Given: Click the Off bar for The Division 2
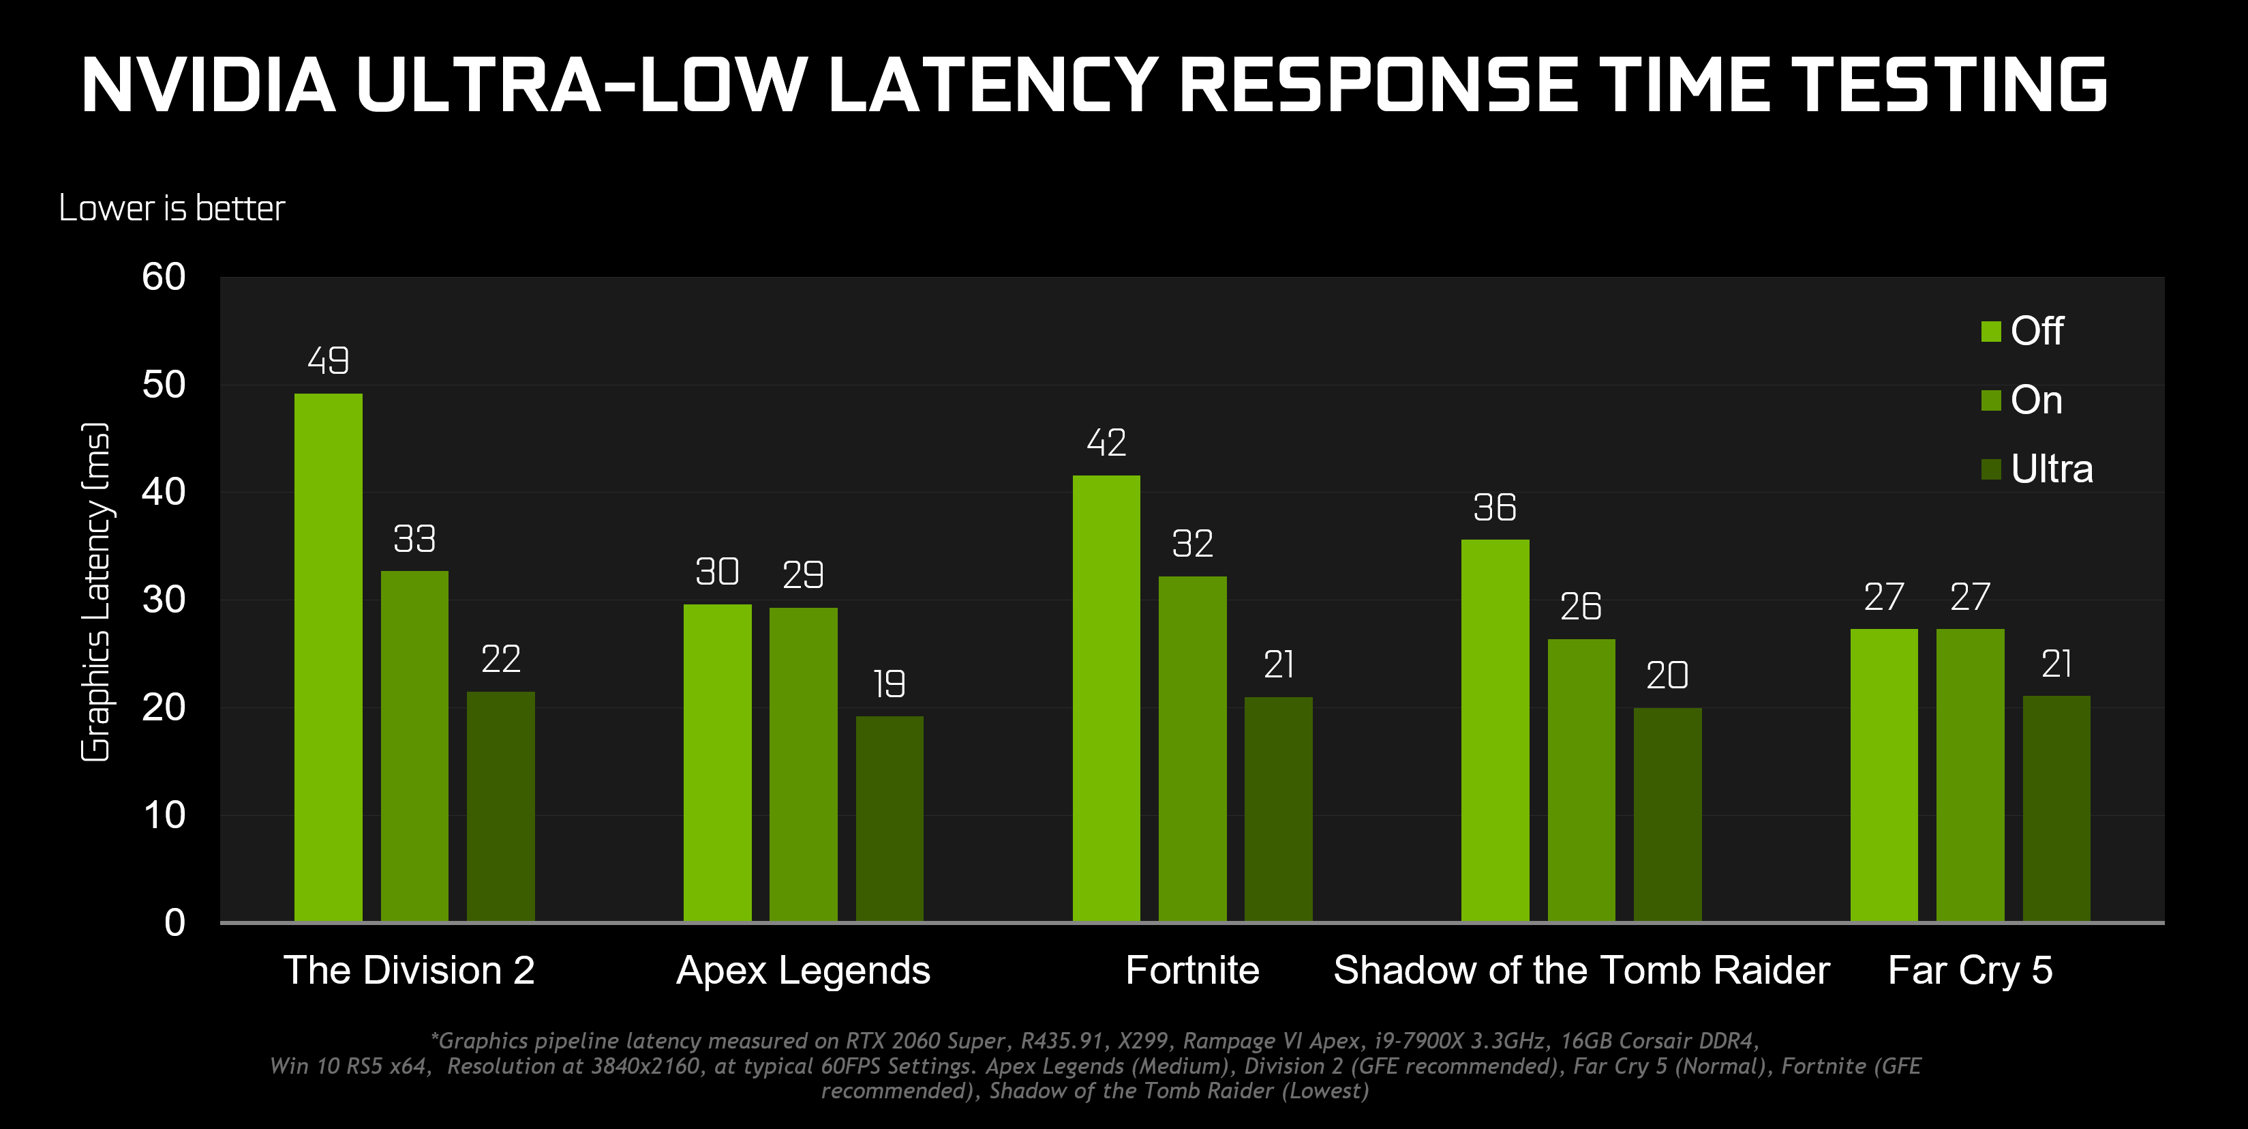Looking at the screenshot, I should click(328, 657).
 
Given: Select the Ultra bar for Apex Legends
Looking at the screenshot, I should click(890, 818).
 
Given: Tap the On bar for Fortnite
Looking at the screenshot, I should click(1192, 748).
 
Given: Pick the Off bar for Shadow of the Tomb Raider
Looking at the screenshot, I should click(1495, 730).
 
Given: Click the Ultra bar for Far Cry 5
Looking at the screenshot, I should click(2056, 808).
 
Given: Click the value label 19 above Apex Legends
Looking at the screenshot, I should click(890, 684).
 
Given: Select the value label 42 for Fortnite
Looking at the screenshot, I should click(1106, 443).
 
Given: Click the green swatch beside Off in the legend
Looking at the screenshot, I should click(1990, 332).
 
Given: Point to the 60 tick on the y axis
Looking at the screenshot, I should click(164, 278).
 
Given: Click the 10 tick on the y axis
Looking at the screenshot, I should click(164, 815).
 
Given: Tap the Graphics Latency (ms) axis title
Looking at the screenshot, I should click(95, 592).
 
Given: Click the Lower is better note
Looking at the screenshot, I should click(172, 209).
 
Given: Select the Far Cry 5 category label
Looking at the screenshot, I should click(1970, 970).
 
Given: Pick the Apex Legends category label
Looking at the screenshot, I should click(803, 970).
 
